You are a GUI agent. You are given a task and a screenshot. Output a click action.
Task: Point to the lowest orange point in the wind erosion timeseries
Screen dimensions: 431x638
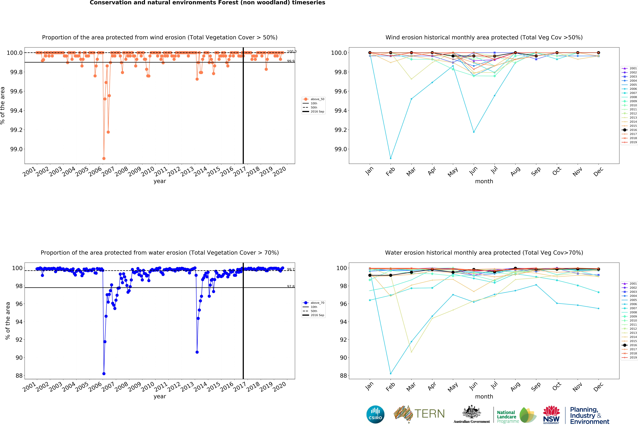(104, 158)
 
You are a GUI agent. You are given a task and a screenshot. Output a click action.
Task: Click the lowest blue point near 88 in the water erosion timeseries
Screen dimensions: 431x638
(104, 374)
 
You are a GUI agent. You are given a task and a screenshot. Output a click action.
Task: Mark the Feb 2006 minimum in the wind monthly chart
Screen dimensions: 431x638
(391, 158)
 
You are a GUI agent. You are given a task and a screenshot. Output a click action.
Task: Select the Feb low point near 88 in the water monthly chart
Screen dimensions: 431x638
(391, 374)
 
